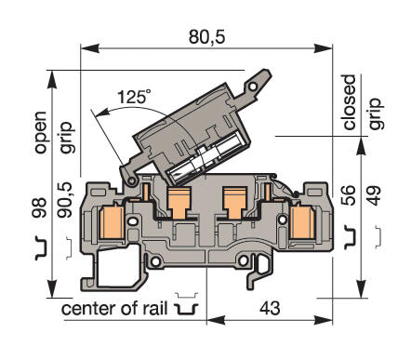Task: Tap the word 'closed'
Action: [351, 102]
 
